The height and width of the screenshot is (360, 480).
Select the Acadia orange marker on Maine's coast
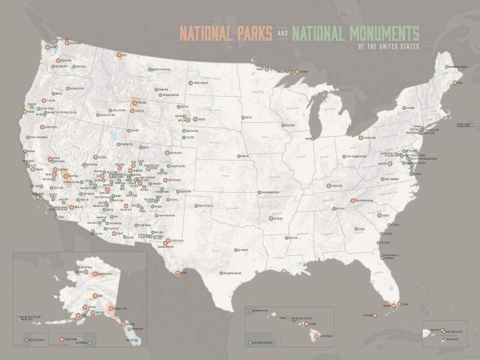455,82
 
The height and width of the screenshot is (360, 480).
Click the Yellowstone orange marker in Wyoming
134,103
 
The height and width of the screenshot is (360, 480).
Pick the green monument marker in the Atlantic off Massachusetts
457,125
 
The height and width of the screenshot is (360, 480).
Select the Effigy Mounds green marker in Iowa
284,125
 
